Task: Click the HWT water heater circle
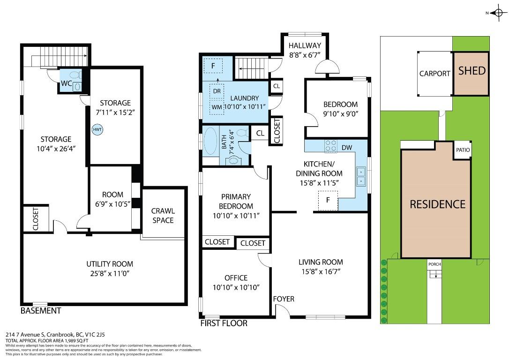pos(97,130)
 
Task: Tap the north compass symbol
pos(497,13)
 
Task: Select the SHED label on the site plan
pos(472,71)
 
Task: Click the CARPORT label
pos(434,74)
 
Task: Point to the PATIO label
pos(463,150)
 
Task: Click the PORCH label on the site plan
pos(434,264)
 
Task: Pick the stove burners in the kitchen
pos(331,146)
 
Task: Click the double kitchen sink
pos(361,176)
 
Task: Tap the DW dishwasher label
pos(347,148)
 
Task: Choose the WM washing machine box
pos(217,107)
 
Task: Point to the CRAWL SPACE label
pos(163,216)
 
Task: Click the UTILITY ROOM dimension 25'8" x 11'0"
pos(109,273)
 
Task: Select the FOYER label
pos(284,299)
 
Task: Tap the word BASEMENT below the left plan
pos(41,311)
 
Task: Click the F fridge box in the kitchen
pos(329,200)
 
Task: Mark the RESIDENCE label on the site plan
pos(437,204)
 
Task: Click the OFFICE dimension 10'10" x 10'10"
pos(236,287)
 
